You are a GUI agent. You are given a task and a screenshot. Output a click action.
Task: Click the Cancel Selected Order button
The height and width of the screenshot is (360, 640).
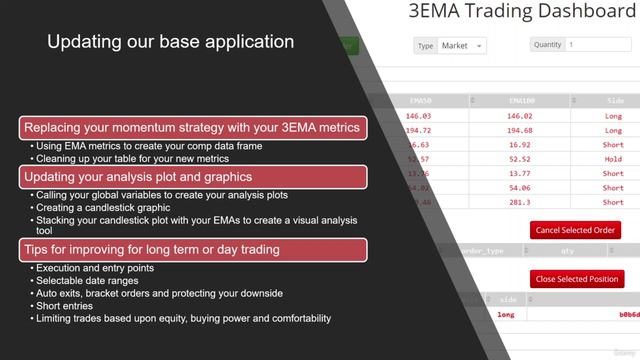(575, 230)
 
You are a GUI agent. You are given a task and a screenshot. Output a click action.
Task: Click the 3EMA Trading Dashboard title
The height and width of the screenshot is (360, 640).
(522, 12)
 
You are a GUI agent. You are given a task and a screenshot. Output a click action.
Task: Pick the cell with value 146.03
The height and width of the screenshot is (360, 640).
(432, 116)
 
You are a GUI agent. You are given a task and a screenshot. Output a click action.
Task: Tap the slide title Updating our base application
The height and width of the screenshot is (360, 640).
(171, 42)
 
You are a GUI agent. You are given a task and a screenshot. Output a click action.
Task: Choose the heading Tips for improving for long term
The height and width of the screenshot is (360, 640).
(151, 248)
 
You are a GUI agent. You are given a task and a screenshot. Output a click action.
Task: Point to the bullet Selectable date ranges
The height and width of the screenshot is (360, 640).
(91, 281)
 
